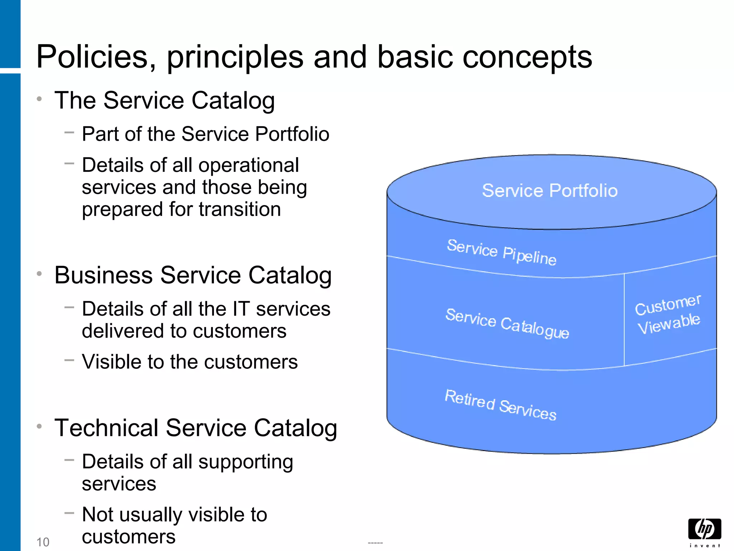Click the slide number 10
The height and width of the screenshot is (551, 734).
[43, 542]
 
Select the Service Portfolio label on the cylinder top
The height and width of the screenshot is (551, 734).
[549, 190]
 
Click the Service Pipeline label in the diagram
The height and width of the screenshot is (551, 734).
[501, 252]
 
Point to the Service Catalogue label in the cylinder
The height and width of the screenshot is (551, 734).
[507, 323]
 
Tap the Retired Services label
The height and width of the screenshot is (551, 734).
[500, 404]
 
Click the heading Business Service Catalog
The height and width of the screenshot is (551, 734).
[193, 275]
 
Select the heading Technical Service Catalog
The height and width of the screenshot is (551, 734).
[196, 428]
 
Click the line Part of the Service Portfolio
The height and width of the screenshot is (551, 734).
[205, 134]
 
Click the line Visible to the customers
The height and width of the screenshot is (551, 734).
[190, 362]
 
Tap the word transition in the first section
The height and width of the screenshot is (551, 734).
[240, 209]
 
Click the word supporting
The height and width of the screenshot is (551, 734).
[246, 462]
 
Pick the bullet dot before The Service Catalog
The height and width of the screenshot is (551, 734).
[39, 99]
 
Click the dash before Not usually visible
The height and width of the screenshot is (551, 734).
[69, 513]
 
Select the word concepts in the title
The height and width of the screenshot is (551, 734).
[527, 57]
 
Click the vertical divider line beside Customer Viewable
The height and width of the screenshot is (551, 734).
[624, 319]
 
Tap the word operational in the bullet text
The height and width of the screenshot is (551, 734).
[248, 165]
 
